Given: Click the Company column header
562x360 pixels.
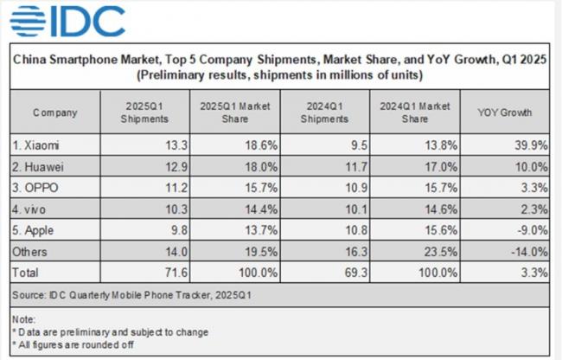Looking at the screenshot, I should coord(55,112).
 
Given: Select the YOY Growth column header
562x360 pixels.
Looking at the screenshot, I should coord(505,112).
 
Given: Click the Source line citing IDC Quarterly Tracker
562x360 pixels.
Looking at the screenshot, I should coord(131,296).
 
